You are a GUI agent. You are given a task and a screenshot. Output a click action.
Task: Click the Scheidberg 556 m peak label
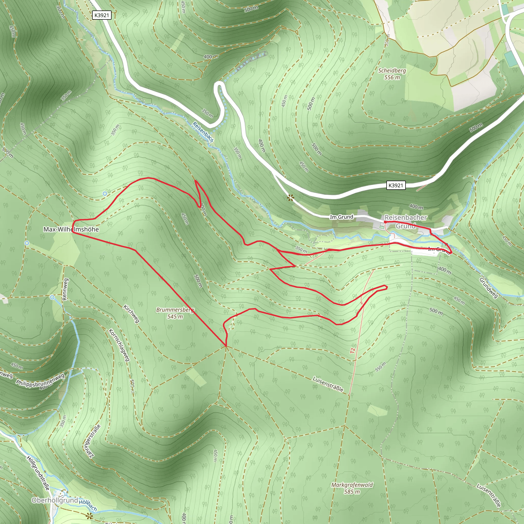(392, 74)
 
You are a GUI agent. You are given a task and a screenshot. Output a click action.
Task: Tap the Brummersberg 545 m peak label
(175, 313)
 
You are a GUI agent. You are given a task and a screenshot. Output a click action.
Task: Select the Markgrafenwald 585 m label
(352, 488)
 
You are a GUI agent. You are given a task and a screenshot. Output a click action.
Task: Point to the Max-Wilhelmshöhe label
(71, 229)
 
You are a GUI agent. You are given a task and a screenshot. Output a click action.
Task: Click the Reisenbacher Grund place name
(406, 222)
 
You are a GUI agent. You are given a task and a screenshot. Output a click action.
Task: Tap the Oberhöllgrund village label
(54, 500)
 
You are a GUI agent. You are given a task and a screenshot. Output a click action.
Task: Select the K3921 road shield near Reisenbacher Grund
(396, 185)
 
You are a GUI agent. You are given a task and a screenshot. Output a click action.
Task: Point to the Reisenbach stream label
(203, 132)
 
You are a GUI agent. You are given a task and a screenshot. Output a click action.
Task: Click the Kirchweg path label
(132, 314)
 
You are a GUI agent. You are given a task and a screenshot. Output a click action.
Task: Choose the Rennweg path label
(65, 289)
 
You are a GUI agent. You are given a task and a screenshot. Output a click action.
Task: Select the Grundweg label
(488, 288)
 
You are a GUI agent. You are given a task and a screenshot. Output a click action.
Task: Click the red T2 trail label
(352, 351)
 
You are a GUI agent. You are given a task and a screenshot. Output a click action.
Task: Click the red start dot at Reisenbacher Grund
(385, 222)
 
